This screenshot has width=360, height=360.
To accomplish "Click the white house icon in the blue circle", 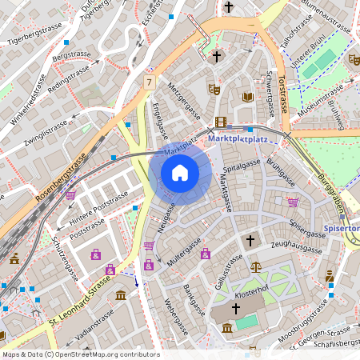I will click(180, 172).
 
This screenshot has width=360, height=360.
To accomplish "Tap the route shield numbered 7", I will click(149, 82).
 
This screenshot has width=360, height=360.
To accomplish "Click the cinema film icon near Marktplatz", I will click(221, 122).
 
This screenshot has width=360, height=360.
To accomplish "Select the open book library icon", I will click(248, 97).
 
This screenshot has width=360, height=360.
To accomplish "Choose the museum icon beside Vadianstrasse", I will click(120, 297).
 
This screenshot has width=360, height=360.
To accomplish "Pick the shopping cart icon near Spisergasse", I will click(293, 202).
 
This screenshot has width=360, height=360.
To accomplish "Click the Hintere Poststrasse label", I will click(98, 208).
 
